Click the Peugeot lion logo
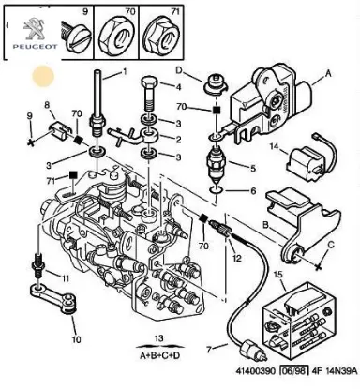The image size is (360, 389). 35,28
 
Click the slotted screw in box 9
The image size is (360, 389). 78,39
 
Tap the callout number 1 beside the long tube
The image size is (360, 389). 125,72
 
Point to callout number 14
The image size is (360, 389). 274,146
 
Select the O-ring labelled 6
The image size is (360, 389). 217,189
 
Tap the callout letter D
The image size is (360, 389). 179,70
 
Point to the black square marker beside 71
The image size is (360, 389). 73,174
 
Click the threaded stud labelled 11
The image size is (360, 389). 38,264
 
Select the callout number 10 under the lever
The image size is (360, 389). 77,339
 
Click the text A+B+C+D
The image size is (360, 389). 159,355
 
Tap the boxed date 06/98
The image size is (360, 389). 292,371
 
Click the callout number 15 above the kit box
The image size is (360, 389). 277,275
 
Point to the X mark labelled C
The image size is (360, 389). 318,266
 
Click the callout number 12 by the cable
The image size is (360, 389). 237,258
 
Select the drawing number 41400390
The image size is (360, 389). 255,371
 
